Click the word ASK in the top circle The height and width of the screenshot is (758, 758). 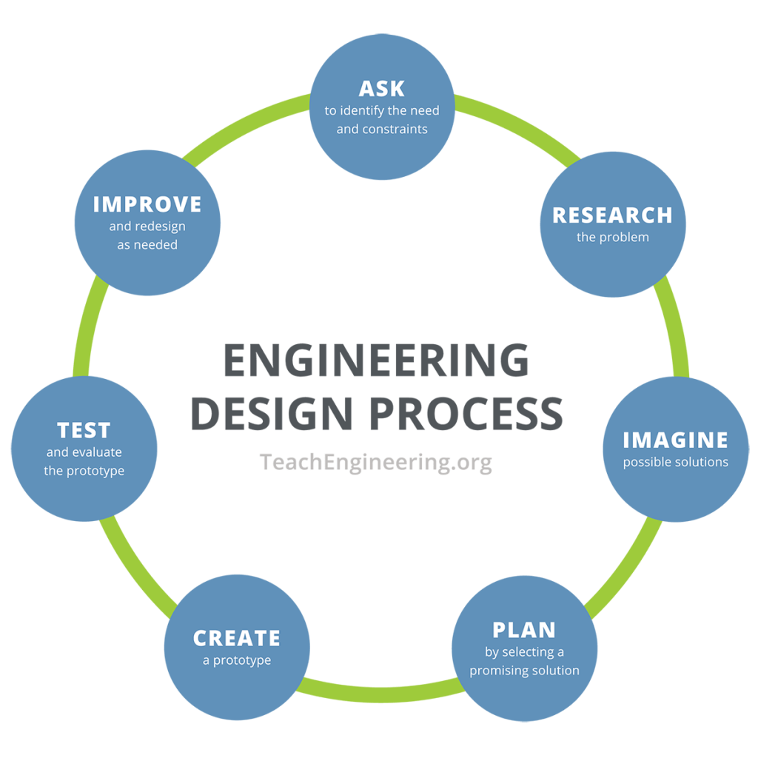pyautogui.click(x=381, y=88)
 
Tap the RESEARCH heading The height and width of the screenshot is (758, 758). pyautogui.click(x=612, y=215)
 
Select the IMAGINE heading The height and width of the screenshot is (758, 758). pyautogui.click(x=675, y=440)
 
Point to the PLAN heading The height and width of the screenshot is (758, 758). pyautogui.click(x=524, y=630)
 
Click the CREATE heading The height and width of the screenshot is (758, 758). pyautogui.click(x=237, y=638)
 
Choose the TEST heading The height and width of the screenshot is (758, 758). pyautogui.click(x=84, y=430)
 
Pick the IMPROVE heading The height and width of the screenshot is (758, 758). pyautogui.click(x=147, y=204)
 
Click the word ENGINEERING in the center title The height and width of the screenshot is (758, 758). pyautogui.click(x=376, y=361)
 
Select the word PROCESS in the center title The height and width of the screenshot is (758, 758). pyautogui.click(x=466, y=414)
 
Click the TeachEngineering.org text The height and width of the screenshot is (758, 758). pyautogui.click(x=376, y=462)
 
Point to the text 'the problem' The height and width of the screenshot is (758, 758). pyautogui.click(x=612, y=238)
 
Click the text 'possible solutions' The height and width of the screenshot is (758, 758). pyautogui.click(x=675, y=462)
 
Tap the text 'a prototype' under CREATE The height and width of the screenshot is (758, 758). pyautogui.click(x=237, y=660)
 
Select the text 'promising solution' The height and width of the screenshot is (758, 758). pyautogui.click(x=524, y=671)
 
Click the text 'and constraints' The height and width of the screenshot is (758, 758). pyautogui.click(x=381, y=129)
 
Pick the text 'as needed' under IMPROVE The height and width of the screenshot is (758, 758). pyautogui.click(x=147, y=244)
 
